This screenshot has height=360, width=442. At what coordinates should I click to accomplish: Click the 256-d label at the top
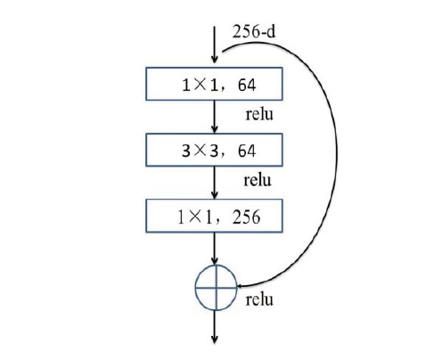click(x=254, y=31)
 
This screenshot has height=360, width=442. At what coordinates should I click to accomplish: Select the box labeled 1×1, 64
click(x=214, y=84)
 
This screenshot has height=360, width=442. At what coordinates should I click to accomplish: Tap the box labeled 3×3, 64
click(x=214, y=150)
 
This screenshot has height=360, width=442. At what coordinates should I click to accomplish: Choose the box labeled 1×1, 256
click(x=214, y=216)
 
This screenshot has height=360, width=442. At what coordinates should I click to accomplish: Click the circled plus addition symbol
click(x=216, y=287)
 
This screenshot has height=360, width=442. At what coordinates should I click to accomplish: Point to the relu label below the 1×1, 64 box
click(x=259, y=114)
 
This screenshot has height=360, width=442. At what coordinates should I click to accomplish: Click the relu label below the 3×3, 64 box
click(x=258, y=180)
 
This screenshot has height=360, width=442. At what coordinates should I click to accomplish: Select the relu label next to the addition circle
click(x=259, y=299)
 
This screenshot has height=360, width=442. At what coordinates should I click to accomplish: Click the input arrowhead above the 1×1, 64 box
click(x=215, y=59)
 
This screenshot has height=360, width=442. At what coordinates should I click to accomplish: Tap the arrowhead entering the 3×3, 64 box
click(x=215, y=128)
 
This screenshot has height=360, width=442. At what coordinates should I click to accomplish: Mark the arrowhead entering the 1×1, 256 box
click(x=215, y=194)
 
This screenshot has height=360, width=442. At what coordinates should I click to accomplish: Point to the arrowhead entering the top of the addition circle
click(x=215, y=260)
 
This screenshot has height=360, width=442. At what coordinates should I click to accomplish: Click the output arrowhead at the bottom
click(x=215, y=340)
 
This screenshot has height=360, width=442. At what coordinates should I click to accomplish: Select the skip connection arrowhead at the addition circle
click(x=241, y=286)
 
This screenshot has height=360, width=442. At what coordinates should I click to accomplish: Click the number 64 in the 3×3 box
click(x=247, y=151)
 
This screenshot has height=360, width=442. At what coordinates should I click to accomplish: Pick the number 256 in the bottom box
click(x=247, y=217)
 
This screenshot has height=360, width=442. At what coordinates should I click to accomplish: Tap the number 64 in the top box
click(x=247, y=86)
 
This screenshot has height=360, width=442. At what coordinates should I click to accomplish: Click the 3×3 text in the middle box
click(x=200, y=151)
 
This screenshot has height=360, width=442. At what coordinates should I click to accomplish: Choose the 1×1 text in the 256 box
click(x=195, y=217)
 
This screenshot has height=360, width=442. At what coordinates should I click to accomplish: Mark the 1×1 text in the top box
click(x=200, y=86)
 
